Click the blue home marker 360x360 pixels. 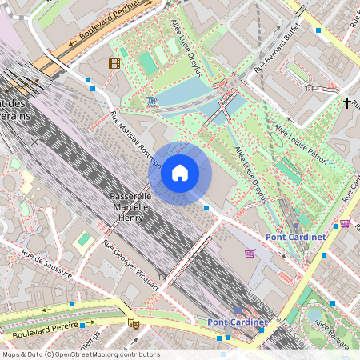(x=180, y=173)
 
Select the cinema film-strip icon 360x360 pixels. (x=114, y=63)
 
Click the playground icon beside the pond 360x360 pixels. (x=152, y=101)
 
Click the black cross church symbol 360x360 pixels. (x=348, y=103)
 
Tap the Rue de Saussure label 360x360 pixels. (x=47, y=265)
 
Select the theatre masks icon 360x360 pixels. (x=134, y=324)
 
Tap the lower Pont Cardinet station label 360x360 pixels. (x=237, y=322)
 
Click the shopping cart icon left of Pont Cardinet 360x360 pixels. (x=250, y=254)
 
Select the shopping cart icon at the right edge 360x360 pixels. (x=345, y=223)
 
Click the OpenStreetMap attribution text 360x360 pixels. (x=80, y=354)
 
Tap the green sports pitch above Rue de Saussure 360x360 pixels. (x=83, y=239)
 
